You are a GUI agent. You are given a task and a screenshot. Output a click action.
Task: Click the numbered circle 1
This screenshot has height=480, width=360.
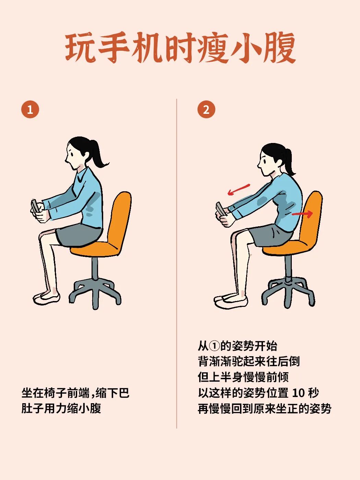[x=30, y=110]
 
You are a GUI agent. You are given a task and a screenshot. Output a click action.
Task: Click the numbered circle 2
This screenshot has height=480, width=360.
[x=206, y=110]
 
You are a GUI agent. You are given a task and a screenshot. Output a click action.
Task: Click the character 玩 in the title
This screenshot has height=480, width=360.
[x=81, y=48]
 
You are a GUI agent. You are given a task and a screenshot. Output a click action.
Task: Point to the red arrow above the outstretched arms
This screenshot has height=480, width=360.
[x=239, y=189]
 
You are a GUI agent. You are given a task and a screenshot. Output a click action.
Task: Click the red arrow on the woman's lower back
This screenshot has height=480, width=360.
[x=302, y=214]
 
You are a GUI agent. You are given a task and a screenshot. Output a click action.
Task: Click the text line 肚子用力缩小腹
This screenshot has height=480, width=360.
[x=61, y=408]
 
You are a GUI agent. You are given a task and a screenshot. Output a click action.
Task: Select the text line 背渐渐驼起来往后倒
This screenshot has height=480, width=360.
[x=249, y=361]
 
